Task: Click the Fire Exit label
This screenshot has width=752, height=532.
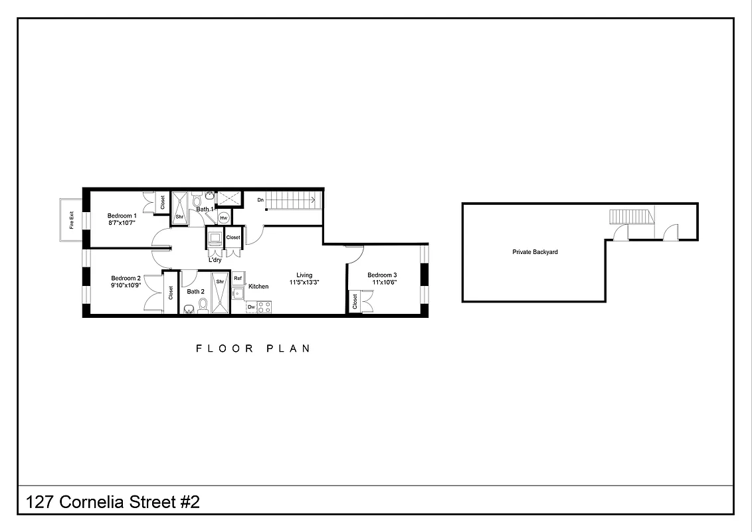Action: click(x=71, y=219)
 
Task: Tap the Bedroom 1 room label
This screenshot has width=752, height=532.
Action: click(x=122, y=215)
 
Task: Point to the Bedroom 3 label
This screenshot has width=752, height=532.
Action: click(x=382, y=275)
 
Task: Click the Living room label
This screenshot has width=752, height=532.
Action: click(x=304, y=275)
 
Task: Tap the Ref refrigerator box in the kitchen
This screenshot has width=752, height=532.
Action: click(x=238, y=278)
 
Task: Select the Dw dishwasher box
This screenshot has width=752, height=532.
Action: click(x=251, y=307)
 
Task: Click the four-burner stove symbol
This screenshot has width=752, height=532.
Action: click(x=264, y=307)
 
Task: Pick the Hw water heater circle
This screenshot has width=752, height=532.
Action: click(x=224, y=217)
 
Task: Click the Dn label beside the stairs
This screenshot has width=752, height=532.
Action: click(x=260, y=199)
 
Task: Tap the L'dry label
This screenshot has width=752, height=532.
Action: click(x=215, y=260)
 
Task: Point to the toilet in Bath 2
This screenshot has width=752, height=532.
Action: click(x=204, y=306)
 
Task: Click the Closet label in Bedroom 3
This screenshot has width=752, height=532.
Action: click(x=355, y=302)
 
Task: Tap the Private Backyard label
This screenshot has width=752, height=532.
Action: click(x=535, y=252)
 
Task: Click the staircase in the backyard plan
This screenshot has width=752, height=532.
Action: click(x=627, y=216)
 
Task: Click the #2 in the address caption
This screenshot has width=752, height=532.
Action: click(x=190, y=502)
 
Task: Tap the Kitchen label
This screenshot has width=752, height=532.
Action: click(x=258, y=287)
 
